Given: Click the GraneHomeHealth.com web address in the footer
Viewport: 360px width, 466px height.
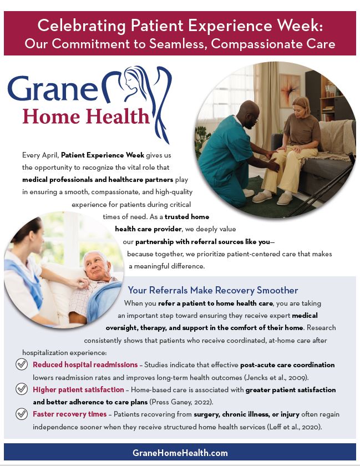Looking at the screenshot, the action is (180, 453).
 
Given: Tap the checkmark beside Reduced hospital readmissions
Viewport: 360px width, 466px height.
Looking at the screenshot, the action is (22, 364).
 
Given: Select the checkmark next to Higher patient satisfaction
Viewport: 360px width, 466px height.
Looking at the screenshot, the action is (22, 389).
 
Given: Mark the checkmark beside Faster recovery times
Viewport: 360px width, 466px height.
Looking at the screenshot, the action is (22, 413).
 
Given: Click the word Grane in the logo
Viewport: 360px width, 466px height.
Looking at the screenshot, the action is (53, 88).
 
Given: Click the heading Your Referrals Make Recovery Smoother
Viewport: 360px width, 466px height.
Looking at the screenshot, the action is (213, 290).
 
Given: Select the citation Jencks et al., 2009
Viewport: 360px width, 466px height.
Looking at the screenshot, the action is (276, 377).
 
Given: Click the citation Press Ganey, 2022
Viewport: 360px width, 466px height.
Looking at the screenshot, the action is (181, 402).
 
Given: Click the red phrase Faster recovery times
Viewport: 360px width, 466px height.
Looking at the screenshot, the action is (69, 414).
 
